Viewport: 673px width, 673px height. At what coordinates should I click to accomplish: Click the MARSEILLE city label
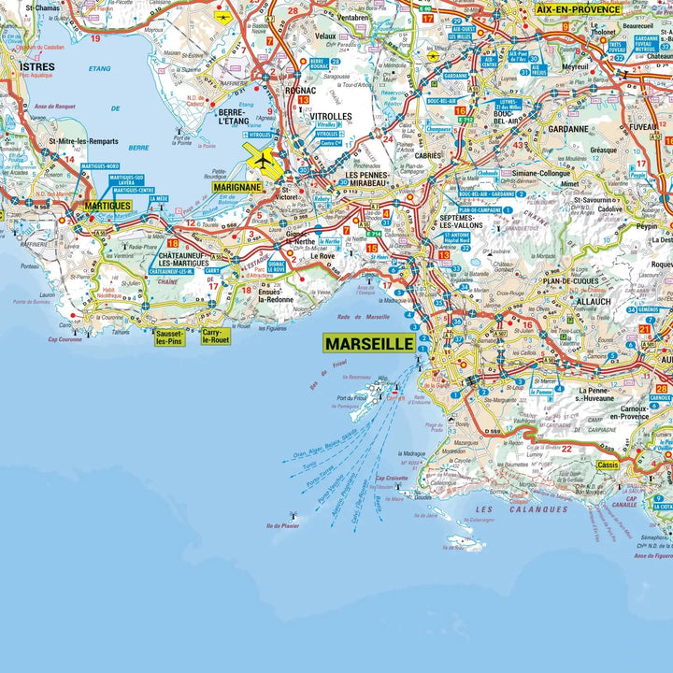[x=370, y=343]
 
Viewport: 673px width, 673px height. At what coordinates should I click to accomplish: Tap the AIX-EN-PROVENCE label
[x=578, y=8]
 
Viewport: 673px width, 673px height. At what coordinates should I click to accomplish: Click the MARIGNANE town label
[x=238, y=187]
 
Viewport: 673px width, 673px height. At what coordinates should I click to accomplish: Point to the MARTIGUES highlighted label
[x=107, y=205]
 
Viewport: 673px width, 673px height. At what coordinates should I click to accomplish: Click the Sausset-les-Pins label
[x=170, y=336]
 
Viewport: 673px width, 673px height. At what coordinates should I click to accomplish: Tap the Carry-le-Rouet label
[x=215, y=336]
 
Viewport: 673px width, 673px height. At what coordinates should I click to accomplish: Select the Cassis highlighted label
[x=608, y=465]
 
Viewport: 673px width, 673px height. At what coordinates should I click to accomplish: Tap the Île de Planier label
[x=284, y=526]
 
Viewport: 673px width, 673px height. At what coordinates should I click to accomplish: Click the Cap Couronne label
[x=71, y=339]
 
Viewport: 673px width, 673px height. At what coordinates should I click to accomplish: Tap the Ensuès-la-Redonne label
[x=276, y=294]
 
